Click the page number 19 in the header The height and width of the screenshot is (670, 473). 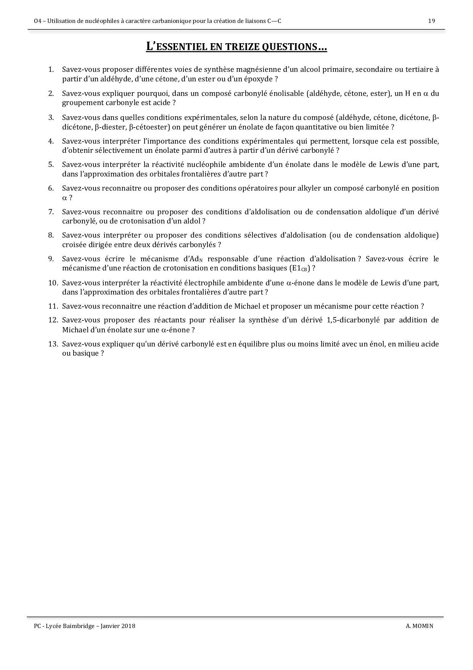pyautogui.click(x=431, y=21)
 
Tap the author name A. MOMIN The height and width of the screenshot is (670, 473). pyautogui.click(x=420, y=626)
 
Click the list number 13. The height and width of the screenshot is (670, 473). pyautogui.click(x=53, y=344)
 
